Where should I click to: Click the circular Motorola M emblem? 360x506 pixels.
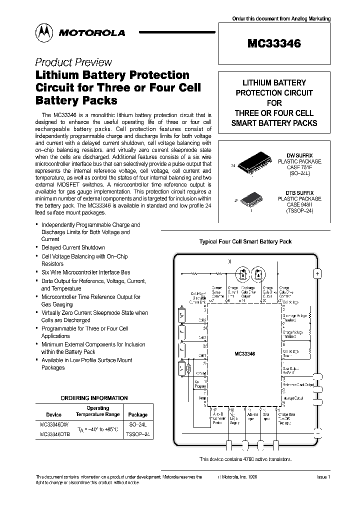click(x=43, y=32)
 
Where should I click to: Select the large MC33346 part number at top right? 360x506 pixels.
click(x=274, y=44)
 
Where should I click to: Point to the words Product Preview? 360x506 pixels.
click(x=73, y=62)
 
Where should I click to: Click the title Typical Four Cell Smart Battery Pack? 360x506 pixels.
click(x=245, y=241)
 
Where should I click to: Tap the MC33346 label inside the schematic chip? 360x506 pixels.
click(x=244, y=353)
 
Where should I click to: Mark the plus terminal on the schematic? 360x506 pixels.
click(x=317, y=273)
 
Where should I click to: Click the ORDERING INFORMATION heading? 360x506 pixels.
click(x=94, y=398)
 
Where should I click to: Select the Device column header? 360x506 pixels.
click(x=53, y=414)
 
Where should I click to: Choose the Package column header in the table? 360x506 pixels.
click(x=138, y=414)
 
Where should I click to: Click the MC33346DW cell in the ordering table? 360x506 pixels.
click(x=54, y=424)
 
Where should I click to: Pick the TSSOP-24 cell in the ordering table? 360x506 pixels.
click(x=138, y=435)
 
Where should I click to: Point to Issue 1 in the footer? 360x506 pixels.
click(x=323, y=477)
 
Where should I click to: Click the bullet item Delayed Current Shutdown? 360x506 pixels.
click(x=73, y=247)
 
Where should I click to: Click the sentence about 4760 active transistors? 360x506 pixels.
click(x=245, y=459)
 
